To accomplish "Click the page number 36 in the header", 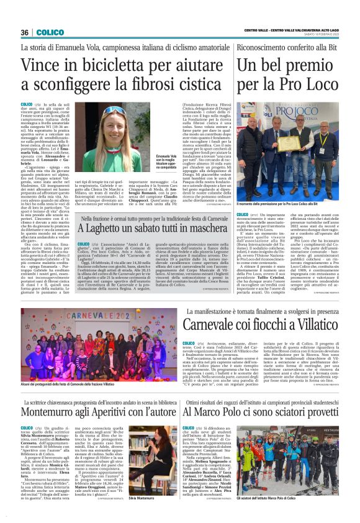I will click(x=25, y=32).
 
